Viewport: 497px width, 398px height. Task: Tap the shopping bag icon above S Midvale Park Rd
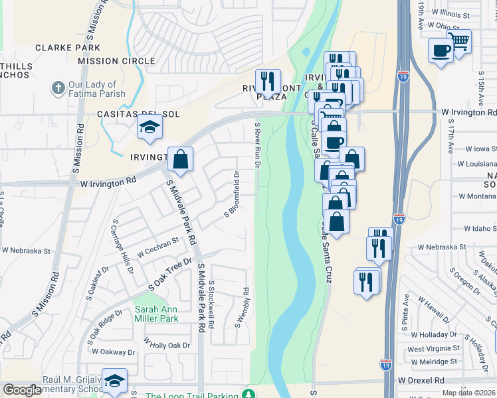[x=180, y=159]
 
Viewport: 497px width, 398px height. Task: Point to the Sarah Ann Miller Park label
[x=157, y=314]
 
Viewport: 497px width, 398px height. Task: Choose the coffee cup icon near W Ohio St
[x=440, y=51]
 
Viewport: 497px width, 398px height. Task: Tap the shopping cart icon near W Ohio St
[x=458, y=41]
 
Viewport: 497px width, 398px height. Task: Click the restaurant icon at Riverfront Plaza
[x=268, y=81]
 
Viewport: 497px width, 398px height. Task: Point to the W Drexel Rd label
[x=421, y=381]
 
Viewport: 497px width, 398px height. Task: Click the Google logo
[x=22, y=390]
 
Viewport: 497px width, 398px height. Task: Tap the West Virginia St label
[x=433, y=349]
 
